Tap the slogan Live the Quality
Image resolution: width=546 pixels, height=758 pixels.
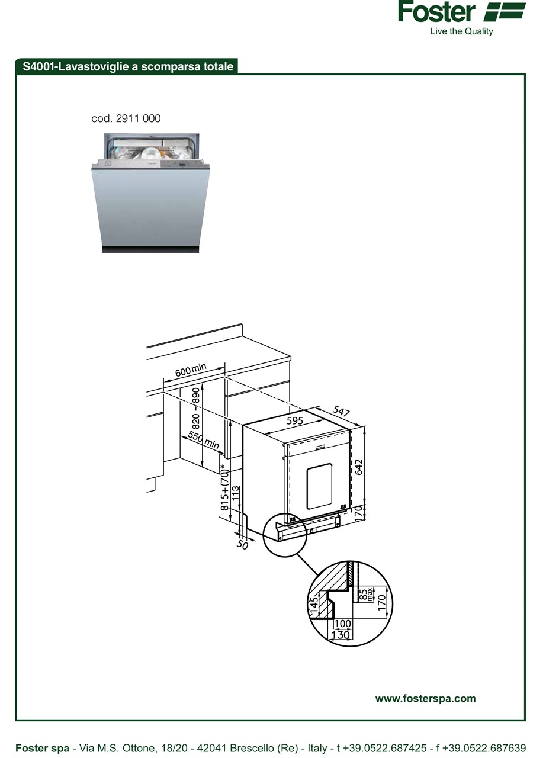pyautogui.click(x=461, y=31)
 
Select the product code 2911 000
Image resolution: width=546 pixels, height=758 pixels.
pyautogui.click(x=138, y=119)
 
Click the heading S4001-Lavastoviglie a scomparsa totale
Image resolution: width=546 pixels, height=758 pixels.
pyautogui.click(x=128, y=66)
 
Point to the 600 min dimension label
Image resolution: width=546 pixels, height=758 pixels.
pyautogui.click(x=191, y=370)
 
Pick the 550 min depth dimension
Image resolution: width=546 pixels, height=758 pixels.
pyautogui.click(x=204, y=439)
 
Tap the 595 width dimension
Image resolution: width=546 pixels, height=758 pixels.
pyautogui.click(x=295, y=420)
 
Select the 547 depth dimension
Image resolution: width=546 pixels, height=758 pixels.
pyautogui.click(x=341, y=411)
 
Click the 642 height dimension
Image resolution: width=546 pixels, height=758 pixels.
pyautogui.click(x=359, y=467)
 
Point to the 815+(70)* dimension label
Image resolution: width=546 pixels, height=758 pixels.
pyautogui.click(x=224, y=487)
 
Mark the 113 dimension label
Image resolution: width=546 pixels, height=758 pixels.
pyautogui.click(x=236, y=494)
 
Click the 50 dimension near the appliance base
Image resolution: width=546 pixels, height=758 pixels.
pyautogui.click(x=242, y=544)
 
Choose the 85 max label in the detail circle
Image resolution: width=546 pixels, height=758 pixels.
pyautogui.click(x=365, y=595)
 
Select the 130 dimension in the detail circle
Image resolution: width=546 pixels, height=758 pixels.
pyautogui.click(x=341, y=635)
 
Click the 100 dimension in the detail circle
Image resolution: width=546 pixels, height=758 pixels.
pyautogui.click(x=342, y=624)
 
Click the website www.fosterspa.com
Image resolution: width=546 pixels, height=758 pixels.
pyautogui.click(x=425, y=699)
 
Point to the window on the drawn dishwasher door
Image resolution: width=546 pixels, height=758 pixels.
pyautogui.click(x=319, y=486)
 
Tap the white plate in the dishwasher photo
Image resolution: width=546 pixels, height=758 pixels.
pyautogui.click(x=150, y=154)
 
